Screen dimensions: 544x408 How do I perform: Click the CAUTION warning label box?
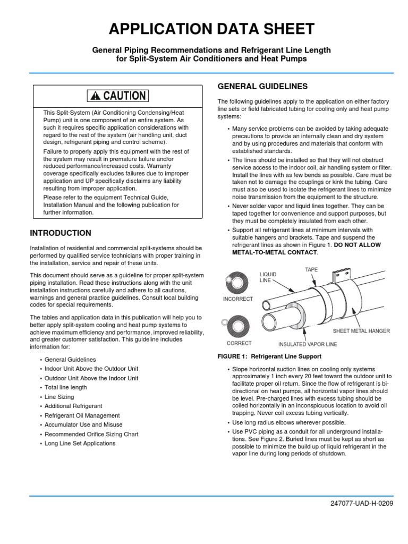click(x=118, y=96)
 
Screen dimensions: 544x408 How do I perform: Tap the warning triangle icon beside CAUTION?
click(x=95, y=96)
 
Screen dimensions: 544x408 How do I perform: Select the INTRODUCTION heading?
click(x=61, y=233)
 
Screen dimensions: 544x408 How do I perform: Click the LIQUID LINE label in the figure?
click(x=268, y=276)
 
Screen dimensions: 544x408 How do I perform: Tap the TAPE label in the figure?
click(x=311, y=270)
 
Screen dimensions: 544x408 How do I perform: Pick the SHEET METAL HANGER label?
click(x=361, y=331)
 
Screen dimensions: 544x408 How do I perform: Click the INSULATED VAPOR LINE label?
click(x=304, y=344)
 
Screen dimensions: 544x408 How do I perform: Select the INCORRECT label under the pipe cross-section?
click(x=237, y=299)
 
